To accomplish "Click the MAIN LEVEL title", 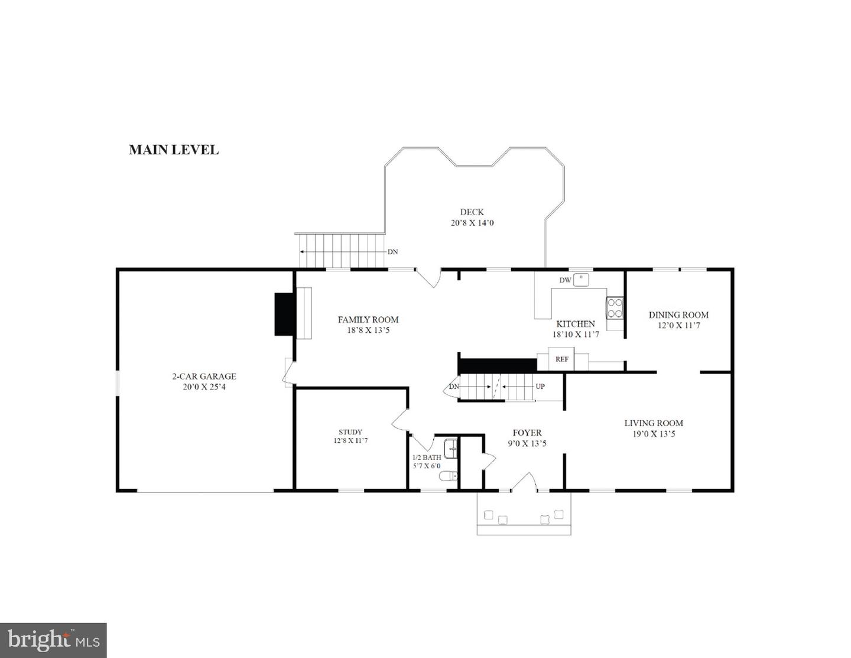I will click(x=174, y=150).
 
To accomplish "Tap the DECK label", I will click(x=472, y=212).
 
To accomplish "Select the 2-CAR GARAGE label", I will click(x=204, y=376).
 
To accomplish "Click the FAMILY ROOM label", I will click(x=368, y=320).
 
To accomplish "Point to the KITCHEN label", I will click(x=576, y=324).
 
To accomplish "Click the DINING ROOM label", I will click(x=678, y=315).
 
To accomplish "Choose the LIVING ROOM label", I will click(x=654, y=423).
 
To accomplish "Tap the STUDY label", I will click(x=350, y=432).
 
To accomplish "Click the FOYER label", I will click(x=527, y=433).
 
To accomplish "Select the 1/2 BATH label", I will click(x=426, y=458).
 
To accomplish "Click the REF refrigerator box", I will click(x=561, y=359).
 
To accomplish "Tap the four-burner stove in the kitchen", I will click(x=615, y=308).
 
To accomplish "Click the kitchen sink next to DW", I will click(x=581, y=279).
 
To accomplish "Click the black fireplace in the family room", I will click(x=285, y=314).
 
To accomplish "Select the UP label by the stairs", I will click(x=540, y=387).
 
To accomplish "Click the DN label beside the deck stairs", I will click(x=392, y=252).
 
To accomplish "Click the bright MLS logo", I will click(x=53, y=640).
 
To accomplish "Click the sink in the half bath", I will click(x=450, y=449).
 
